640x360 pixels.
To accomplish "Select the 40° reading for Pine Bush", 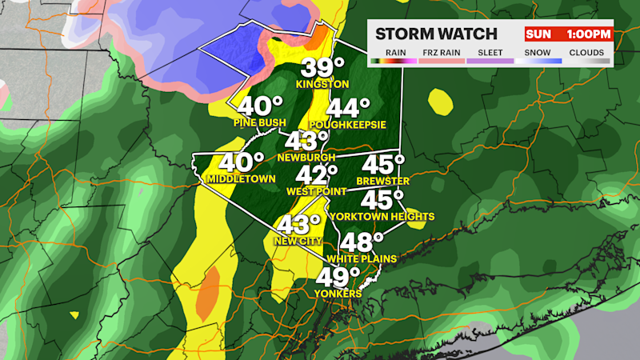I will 260,106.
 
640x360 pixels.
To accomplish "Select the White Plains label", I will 362,259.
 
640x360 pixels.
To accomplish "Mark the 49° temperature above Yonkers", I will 338,277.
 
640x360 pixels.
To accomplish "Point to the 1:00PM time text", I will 590,34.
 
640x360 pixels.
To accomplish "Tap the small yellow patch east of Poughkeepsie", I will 438,101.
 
